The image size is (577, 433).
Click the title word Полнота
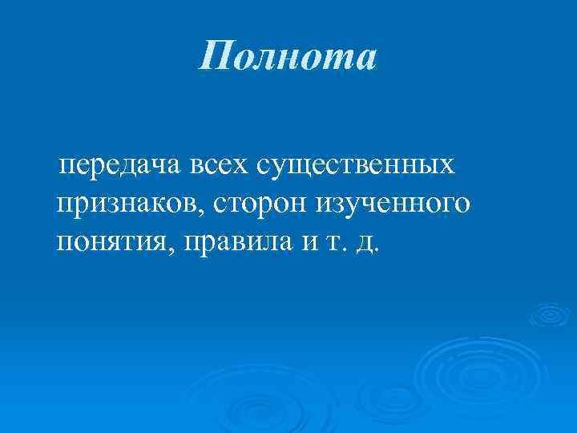coord(288,57)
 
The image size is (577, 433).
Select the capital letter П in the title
coord(216,57)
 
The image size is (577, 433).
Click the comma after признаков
coord(210,212)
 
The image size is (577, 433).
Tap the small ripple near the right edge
coord(551,316)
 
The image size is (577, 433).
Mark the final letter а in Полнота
coord(362,59)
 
